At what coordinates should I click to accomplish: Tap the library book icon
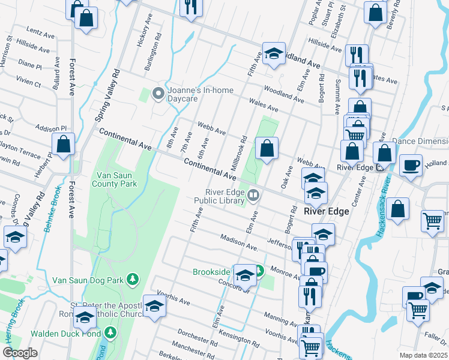[x=254, y=194]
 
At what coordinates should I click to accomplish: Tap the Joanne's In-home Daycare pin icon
[x=158, y=92]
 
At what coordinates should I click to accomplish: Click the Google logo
[x=20, y=353]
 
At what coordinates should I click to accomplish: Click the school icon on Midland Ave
[x=274, y=53]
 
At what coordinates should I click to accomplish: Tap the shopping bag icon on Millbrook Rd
[x=267, y=146]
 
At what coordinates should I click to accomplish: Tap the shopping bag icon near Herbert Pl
[x=63, y=144]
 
